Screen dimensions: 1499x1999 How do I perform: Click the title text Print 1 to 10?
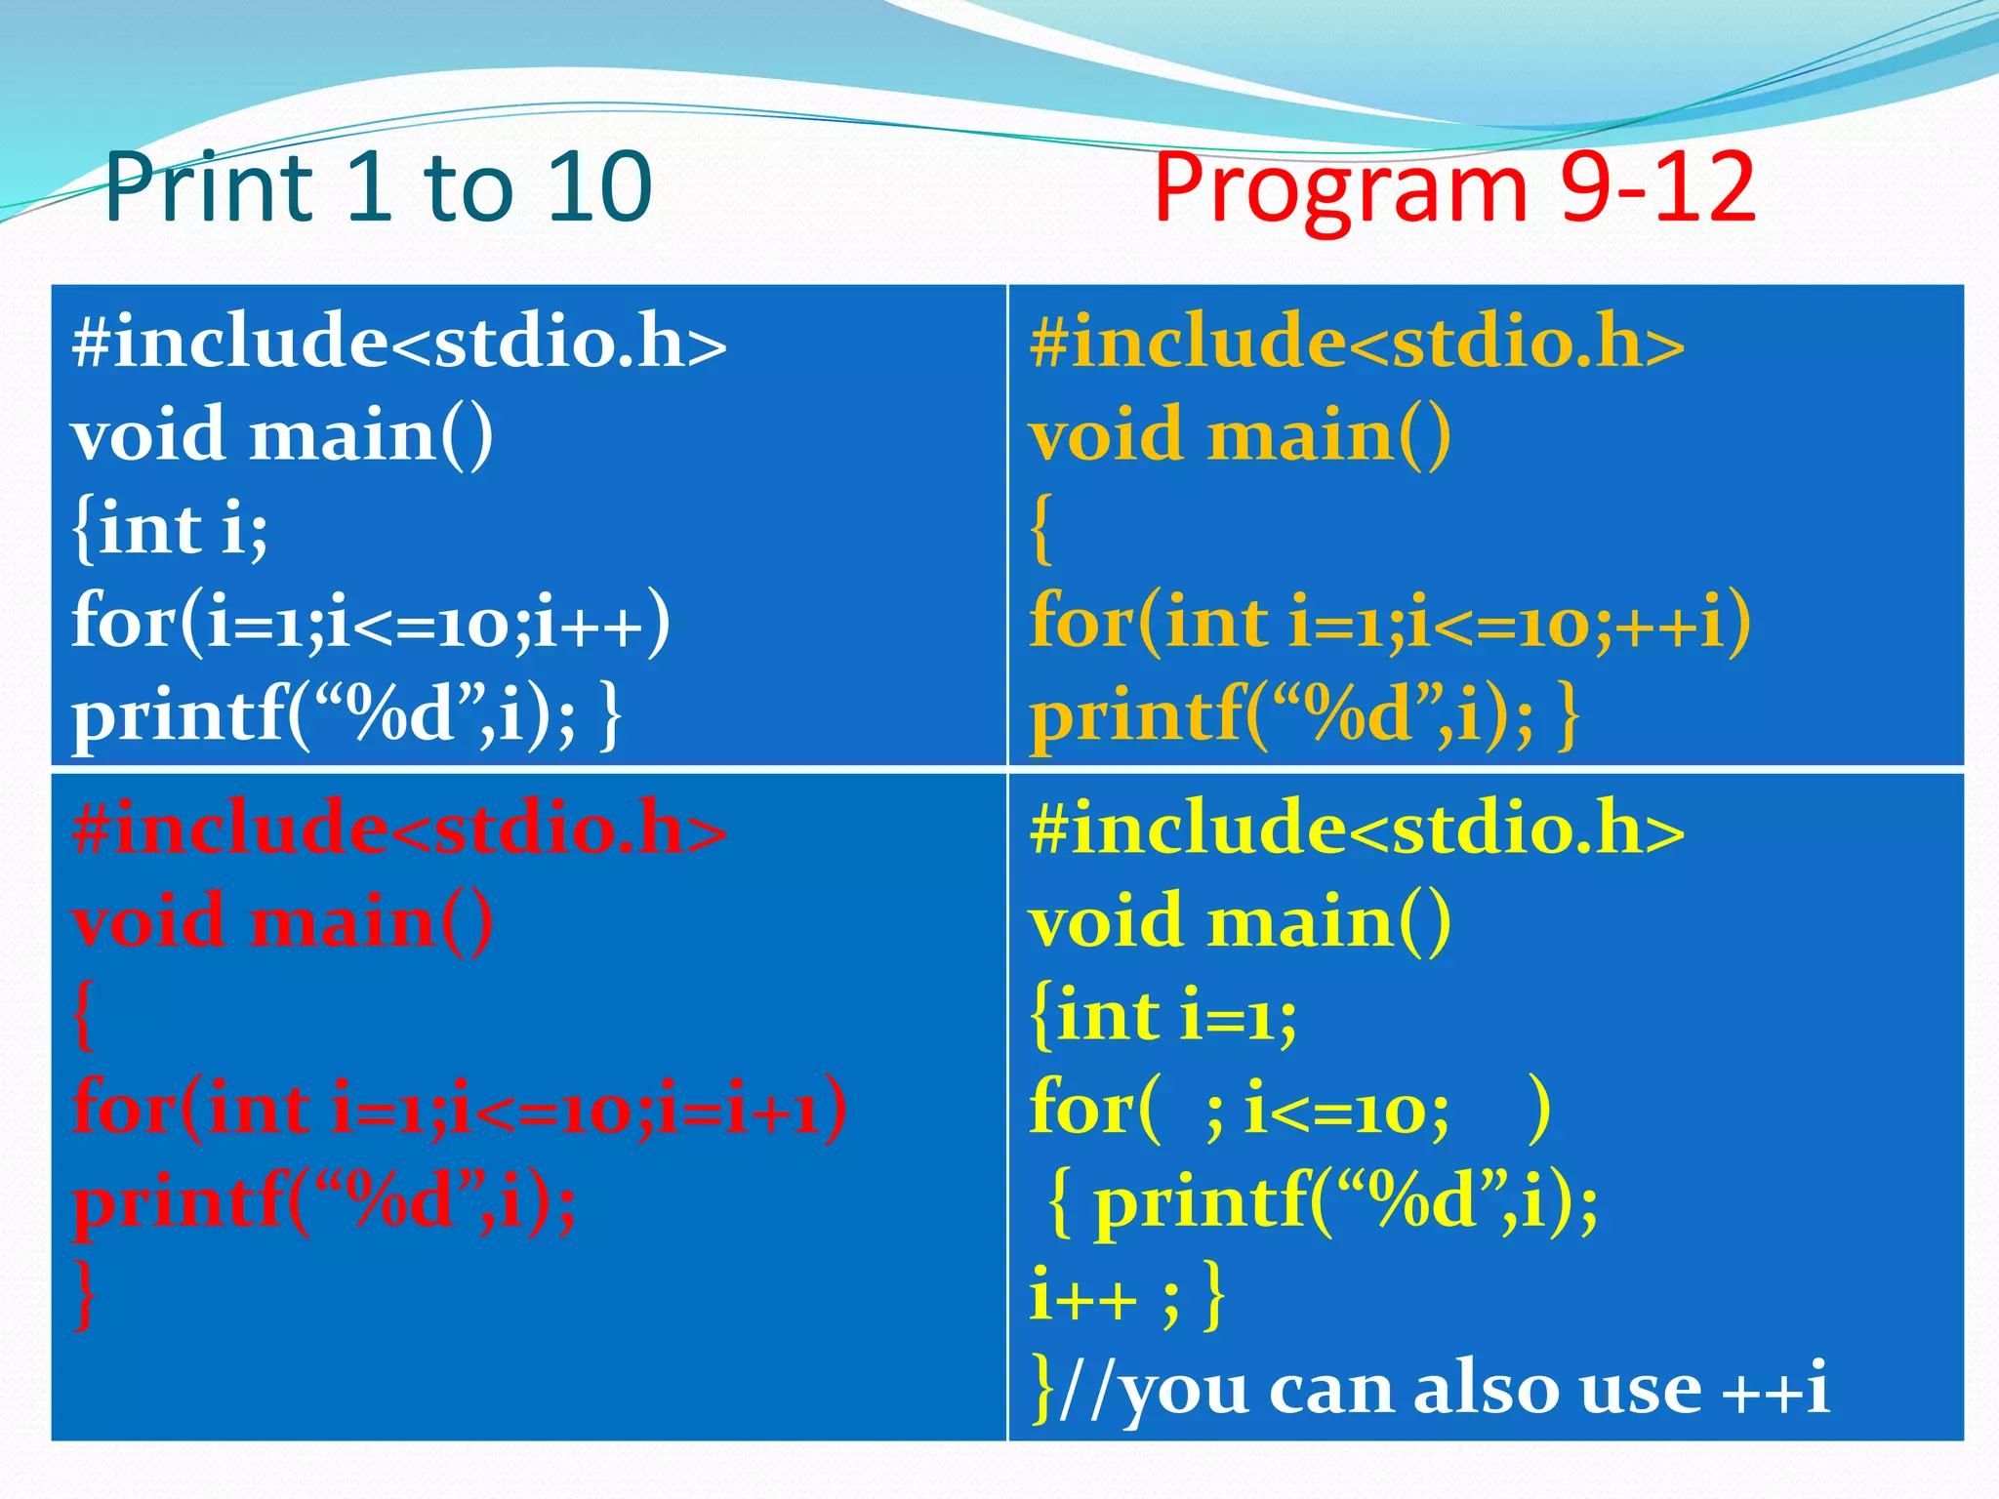(x=378, y=187)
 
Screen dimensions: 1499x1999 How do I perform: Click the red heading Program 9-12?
(x=1453, y=189)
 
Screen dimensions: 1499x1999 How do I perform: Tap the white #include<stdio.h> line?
(x=399, y=343)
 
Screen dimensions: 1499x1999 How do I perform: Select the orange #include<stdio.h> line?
(x=1357, y=343)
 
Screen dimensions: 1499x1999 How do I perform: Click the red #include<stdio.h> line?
(x=399, y=829)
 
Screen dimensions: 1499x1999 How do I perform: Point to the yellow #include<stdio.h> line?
(x=1357, y=829)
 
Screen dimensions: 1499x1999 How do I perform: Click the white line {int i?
(x=170, y=529)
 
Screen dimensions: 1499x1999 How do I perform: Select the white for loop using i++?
(x=371, y=622)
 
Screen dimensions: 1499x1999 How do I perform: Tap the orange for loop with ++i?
(x=1390, y=622)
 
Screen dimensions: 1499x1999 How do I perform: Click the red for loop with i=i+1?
(x=459, y=1109)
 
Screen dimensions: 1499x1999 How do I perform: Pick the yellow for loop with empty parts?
(x=1288, y=1109)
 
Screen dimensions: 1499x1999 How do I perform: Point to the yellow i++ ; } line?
(x=1127, y=1296)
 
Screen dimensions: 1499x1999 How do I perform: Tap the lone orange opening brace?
(x=1042, y=529)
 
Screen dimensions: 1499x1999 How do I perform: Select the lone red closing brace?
(x=86, y=1296)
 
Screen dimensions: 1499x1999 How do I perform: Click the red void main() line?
(x=283, y=922)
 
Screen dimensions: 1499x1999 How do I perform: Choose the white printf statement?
(x=347, y=715)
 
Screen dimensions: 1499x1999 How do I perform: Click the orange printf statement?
(x=1304, y=715)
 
